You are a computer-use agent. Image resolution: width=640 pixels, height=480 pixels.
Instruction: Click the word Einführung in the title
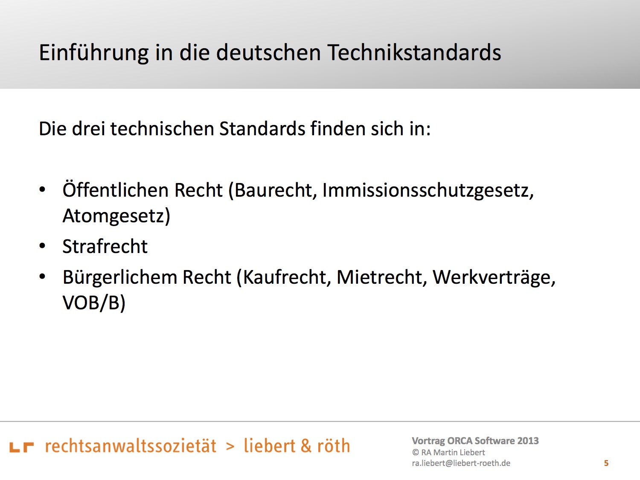point(93,53)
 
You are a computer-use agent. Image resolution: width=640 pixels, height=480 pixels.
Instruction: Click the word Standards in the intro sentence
point(262,128)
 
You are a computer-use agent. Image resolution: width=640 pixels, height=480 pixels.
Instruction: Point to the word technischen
point(162,128)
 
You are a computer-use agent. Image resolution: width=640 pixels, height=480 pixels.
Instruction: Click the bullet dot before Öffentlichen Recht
point(42,190)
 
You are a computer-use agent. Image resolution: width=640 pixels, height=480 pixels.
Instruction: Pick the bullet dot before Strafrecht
point(42,246)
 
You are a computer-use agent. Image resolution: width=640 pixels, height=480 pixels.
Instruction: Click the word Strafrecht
point(105,246)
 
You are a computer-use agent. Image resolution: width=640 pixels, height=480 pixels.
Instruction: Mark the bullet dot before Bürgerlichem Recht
point(42,276)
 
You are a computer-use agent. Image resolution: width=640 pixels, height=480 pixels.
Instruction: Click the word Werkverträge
point(494,278)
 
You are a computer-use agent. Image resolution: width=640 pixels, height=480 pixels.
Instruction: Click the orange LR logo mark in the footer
point(22,447)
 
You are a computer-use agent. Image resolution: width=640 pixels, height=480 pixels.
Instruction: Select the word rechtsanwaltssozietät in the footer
point(131,446)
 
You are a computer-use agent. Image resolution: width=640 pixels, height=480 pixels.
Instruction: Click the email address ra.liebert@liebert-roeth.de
point(461,463)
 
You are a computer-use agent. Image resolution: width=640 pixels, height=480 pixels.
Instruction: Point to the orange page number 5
point(606,463)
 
